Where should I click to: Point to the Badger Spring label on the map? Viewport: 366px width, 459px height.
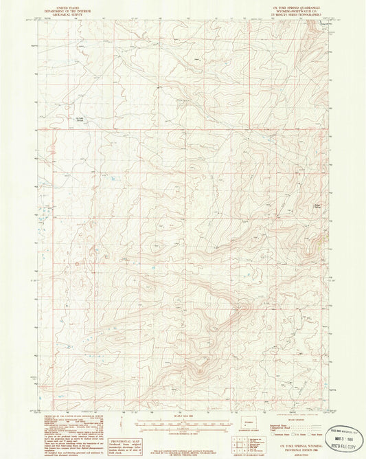[x=298, y=205]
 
